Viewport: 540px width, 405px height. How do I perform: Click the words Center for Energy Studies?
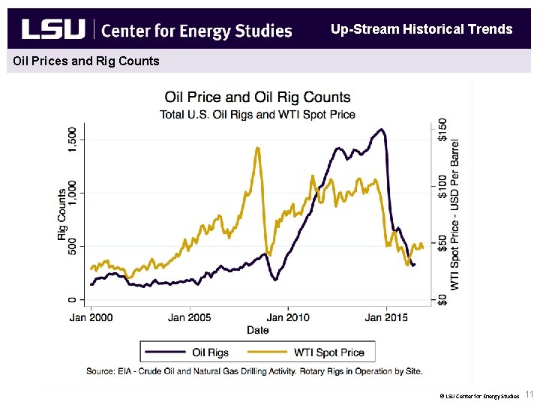196,31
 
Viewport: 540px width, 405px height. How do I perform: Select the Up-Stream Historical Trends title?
421,29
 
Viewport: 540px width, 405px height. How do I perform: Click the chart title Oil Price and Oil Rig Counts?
257,97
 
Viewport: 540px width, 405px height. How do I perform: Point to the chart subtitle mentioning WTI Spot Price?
257,115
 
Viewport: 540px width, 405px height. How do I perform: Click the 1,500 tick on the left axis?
72,139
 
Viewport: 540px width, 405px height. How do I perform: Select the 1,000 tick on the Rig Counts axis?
72,193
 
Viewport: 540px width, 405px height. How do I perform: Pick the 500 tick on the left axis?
72,246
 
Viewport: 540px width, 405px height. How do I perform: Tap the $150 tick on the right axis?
442,128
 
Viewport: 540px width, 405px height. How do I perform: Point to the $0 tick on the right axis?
442,299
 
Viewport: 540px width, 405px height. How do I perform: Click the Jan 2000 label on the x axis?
91,317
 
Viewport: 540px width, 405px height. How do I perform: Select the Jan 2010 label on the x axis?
287,317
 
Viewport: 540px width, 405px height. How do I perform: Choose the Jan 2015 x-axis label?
385,317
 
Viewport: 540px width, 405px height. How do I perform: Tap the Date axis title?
257,330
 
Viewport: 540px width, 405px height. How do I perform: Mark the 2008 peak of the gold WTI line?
257,148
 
